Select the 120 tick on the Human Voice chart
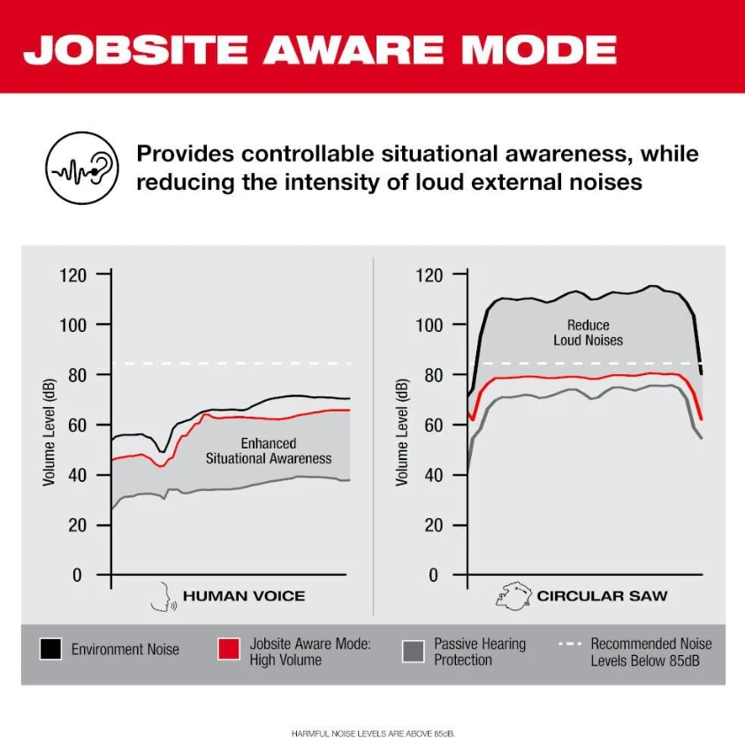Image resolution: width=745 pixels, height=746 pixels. tap(74, 275)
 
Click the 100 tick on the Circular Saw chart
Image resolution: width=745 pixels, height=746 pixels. tap(429, 325)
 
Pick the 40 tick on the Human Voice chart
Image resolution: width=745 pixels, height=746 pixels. tap(79, 475)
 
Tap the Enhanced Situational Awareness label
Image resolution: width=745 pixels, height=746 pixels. tap(269, 450)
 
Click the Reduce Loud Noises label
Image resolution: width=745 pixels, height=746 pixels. tap(588, 333)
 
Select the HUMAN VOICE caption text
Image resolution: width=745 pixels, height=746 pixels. tap(244, 596)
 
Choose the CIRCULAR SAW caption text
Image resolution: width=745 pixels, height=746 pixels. tap(602, 596)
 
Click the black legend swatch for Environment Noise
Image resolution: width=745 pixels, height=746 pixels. tap(51, 649)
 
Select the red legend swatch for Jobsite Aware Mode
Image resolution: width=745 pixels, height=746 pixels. tap(229, 649)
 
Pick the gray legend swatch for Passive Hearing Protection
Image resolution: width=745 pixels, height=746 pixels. tap(413, 650)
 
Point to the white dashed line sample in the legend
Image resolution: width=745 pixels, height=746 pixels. tap(570, 644)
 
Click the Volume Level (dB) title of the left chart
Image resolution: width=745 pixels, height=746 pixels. tap(49, 431)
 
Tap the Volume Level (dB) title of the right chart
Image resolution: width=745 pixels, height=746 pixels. tap(402, 431)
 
